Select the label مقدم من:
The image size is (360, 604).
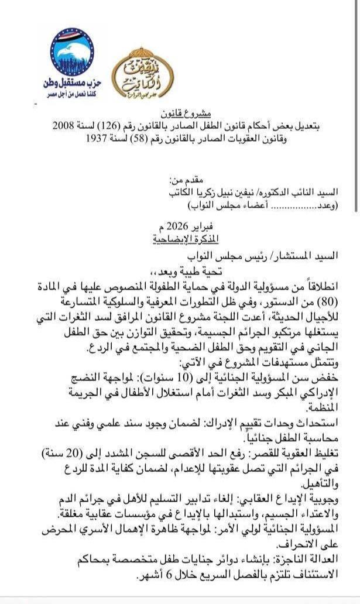[x=188, y=181]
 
